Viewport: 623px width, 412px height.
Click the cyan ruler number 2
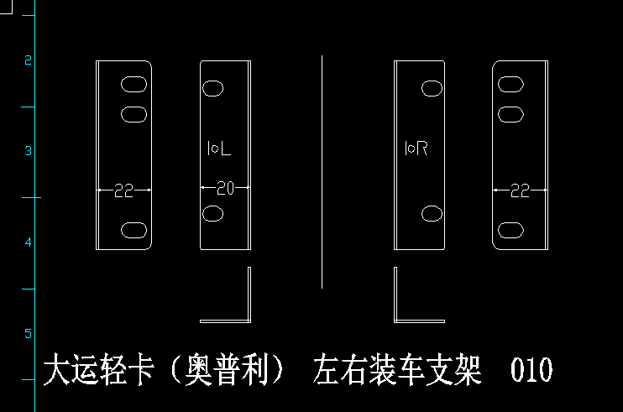point(28,60)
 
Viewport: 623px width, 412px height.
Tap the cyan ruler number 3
point(28,151)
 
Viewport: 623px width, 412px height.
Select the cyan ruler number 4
point(28,243)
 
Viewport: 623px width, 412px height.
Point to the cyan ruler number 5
point(28,333)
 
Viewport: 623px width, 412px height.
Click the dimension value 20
point(225,188)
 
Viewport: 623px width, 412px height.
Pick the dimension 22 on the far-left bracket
point(123,191)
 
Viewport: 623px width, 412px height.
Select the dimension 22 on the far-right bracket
point(520,191)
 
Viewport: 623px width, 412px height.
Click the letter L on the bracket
point(225,149)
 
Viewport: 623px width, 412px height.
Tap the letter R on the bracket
point(422,149)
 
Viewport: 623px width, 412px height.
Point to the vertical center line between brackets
point(322,172)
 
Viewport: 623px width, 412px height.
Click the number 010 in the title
point(531,369)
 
